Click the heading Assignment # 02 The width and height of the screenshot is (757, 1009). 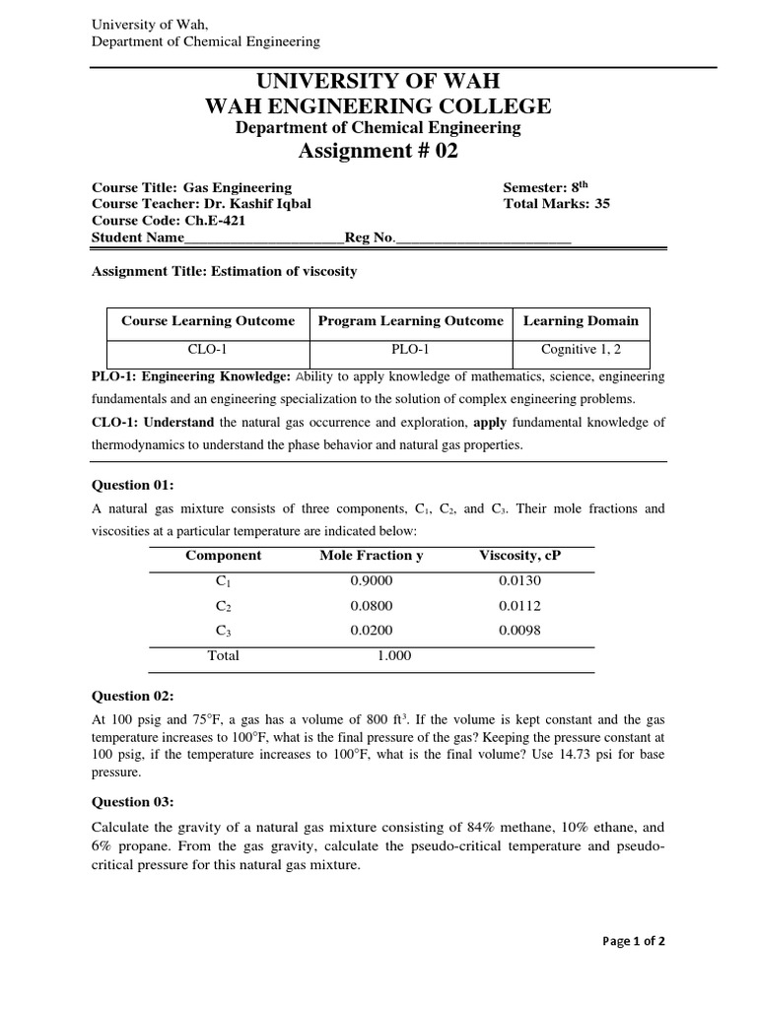378,151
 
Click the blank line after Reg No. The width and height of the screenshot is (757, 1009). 482,238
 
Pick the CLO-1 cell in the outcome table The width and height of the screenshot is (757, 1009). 207,349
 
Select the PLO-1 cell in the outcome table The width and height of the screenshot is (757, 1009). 410,349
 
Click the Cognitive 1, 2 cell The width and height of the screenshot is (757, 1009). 581,349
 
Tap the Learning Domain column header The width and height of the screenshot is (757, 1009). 581,320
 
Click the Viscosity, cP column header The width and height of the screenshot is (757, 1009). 519,555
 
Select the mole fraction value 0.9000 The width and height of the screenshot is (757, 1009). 371,580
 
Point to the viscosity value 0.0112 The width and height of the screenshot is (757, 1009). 519,606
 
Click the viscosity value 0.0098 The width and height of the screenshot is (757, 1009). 519,631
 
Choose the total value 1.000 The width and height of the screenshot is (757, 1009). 394,655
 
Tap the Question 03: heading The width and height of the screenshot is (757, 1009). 133,801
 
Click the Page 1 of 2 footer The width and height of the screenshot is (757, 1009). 634,941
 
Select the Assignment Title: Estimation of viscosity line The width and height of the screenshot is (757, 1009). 224,271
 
